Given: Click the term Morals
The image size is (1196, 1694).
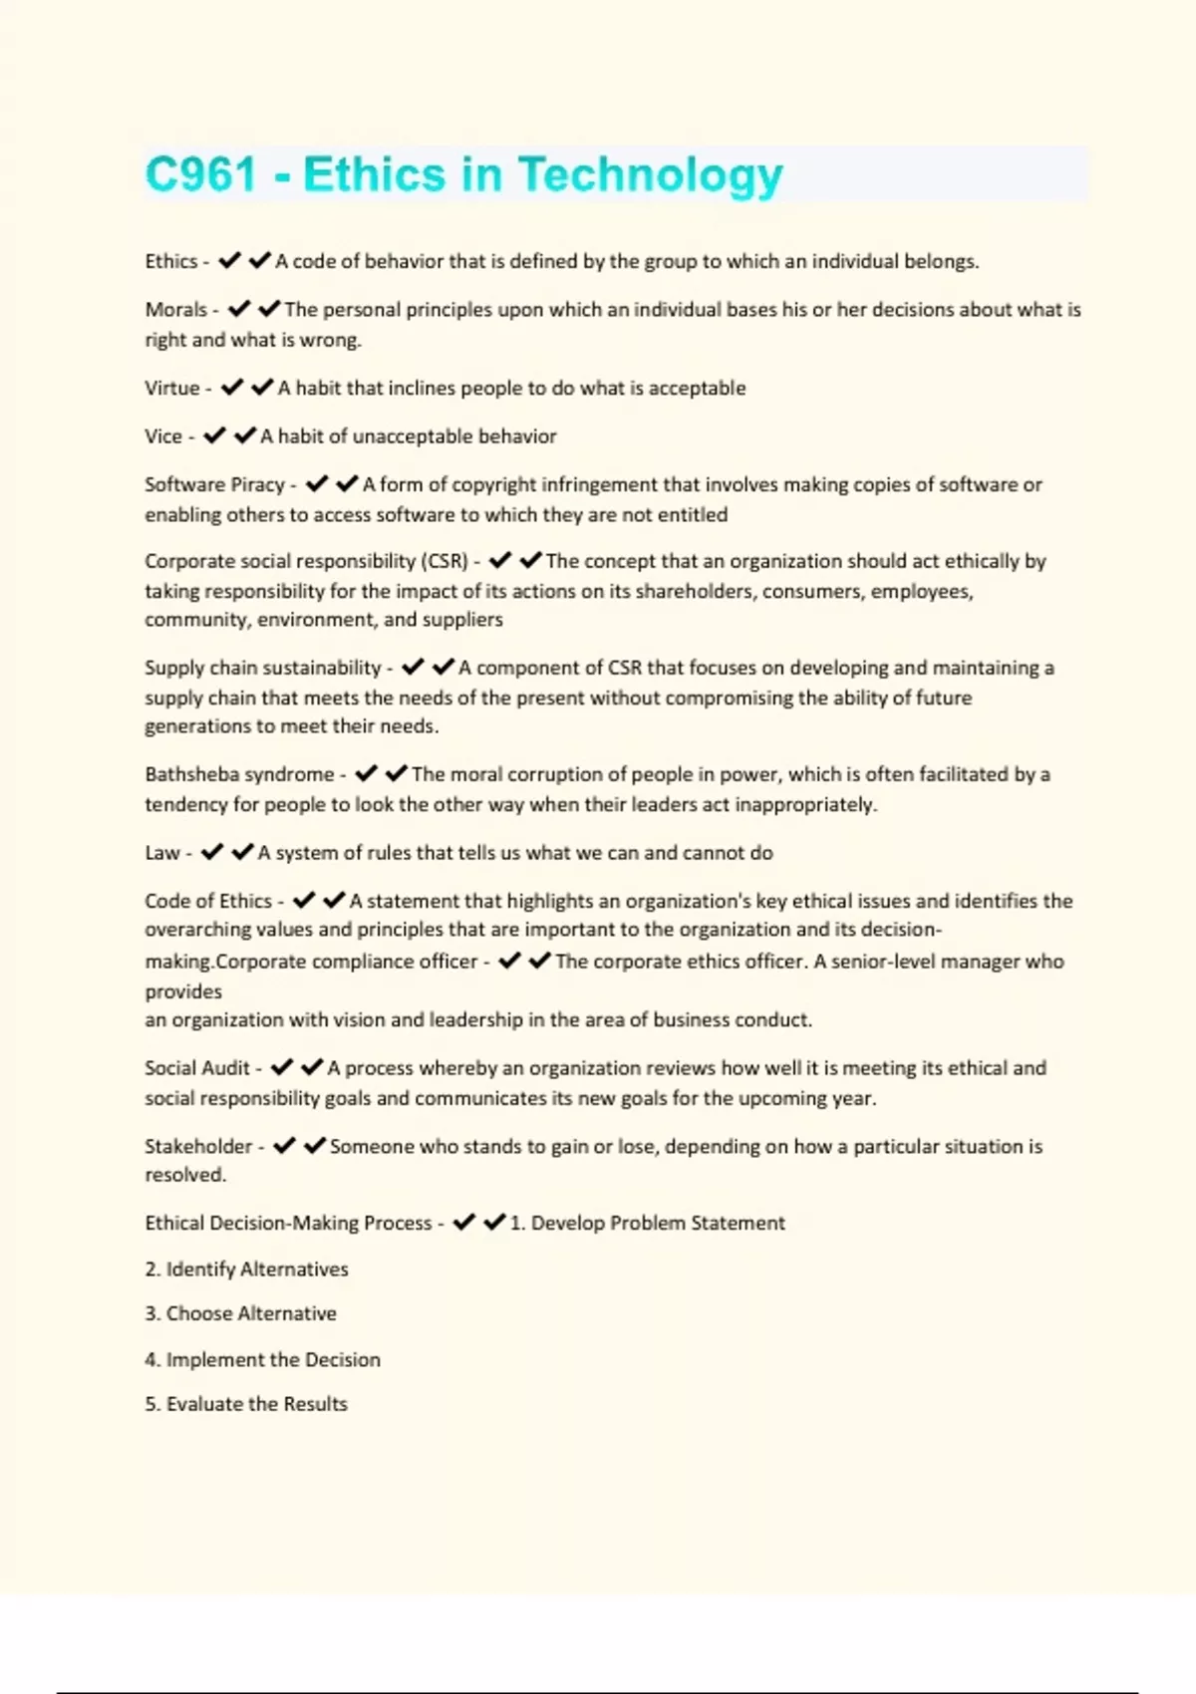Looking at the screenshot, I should tap(175, 310).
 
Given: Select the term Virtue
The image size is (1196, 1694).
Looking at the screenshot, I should tap(171, 388).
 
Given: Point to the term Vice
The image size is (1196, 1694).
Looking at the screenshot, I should tap(162, 436).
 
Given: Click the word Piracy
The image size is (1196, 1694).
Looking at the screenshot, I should tap(257, 484).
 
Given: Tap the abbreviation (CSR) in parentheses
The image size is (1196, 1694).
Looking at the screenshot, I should tap(445, 561).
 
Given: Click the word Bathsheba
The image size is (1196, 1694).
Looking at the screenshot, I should tap(186, 774).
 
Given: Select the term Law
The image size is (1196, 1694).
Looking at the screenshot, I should tap(161, 853).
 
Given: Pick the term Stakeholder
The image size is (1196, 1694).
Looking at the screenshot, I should tap(197, 1146).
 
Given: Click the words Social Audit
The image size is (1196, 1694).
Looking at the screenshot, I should tap(196, 1068).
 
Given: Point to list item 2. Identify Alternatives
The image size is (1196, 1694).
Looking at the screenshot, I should tap(246, 1270).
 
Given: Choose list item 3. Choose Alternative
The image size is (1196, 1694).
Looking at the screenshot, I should tap(240, 1313).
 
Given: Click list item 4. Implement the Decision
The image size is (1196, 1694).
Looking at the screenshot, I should tap(262, 1359).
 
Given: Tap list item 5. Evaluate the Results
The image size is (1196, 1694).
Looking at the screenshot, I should tap(245, 1404).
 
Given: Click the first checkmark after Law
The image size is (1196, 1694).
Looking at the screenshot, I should tap(212, 853).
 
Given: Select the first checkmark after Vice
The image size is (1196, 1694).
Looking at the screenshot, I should tap(214, 436).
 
